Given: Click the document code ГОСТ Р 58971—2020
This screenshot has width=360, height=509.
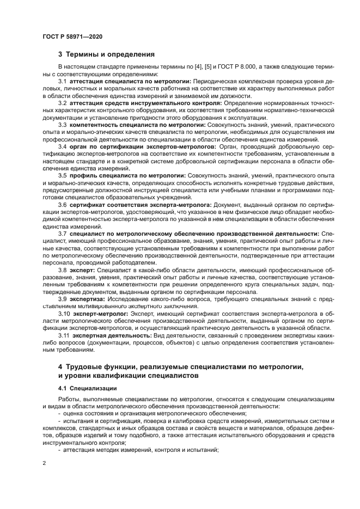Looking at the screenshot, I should [72, 36].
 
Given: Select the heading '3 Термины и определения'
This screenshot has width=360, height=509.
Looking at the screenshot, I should [106, 54].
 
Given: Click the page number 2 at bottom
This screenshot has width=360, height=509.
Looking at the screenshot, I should [44, 463].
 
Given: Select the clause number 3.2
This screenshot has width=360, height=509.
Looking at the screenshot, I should [63, 103].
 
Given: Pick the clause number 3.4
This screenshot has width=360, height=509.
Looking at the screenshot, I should [63, 146].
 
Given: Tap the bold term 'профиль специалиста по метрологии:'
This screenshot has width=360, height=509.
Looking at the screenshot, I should [127, 175].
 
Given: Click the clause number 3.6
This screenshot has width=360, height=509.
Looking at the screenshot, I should [63, 204].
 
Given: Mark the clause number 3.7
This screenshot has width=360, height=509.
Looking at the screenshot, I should [63, 233].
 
